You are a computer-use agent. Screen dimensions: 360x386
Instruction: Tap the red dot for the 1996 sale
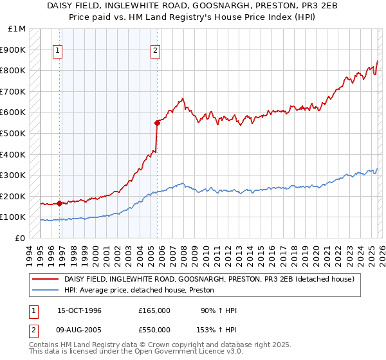click(60, 203)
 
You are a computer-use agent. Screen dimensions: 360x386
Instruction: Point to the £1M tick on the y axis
click(17, 29)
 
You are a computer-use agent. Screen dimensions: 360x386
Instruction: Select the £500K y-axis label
click(14, 133)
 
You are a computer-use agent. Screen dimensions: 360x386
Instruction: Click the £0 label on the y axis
click(21, 238)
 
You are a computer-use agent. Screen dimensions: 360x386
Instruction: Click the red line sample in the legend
click(46, 279)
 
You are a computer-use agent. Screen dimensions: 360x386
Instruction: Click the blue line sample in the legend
click(46, 291)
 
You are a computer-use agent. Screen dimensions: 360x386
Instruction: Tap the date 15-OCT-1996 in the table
click(75, 310)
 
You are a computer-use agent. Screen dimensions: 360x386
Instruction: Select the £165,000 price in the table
click(154, 310)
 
